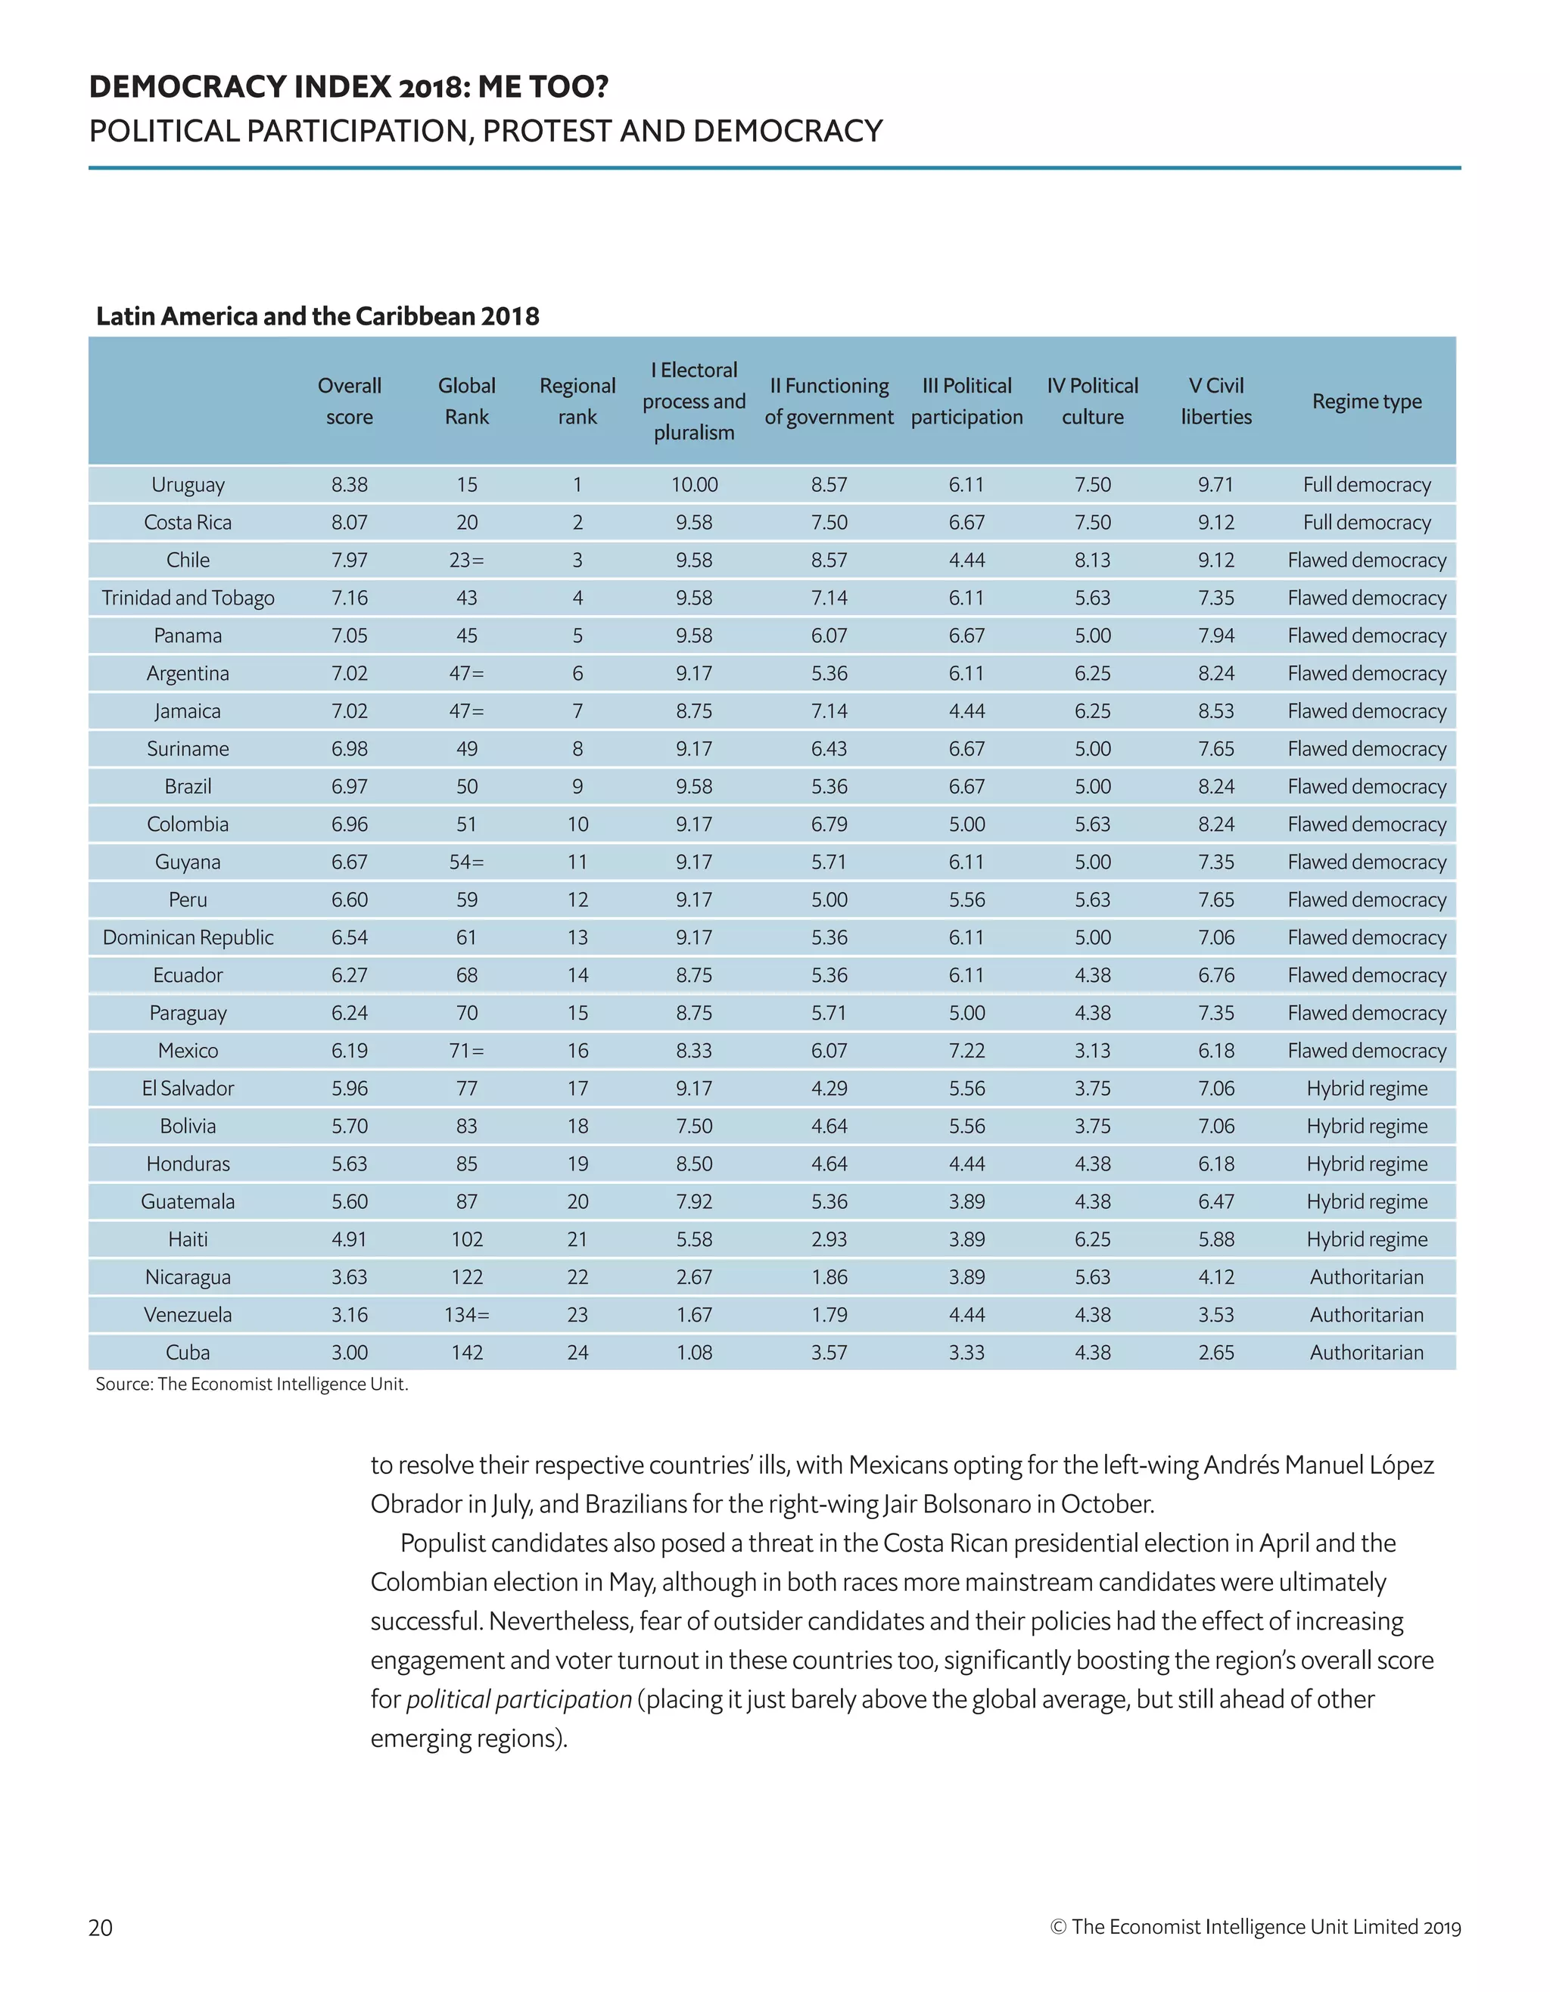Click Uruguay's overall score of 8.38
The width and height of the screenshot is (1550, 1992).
[350, 484]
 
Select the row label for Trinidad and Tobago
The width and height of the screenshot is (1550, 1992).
[188, 598]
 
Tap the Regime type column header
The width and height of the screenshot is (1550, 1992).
[1366, 401]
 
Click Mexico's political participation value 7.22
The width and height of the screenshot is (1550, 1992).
[966, 1050]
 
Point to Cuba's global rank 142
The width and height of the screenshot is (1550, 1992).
[466, 1352]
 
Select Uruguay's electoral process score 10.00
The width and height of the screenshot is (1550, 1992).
[694, 484]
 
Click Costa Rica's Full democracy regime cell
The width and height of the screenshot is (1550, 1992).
[1366, 523]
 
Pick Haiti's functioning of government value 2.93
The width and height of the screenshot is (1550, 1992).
[829, 1238]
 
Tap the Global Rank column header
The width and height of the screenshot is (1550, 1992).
[466, 401]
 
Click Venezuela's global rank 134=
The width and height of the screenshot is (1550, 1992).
[466, 1314]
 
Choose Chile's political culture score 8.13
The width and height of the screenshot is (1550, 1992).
[1092, 560]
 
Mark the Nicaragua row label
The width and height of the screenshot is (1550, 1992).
[188, 1277]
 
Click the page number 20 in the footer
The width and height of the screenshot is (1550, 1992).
[101, 1927]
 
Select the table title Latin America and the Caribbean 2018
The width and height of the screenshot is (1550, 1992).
[317, 316]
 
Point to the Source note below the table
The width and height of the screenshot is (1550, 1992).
[252, 1384]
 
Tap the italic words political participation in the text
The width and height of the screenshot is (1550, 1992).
[518, 1699]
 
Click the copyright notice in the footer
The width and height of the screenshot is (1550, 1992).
[1256, 1926]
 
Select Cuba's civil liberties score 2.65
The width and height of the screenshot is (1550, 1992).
[1216, 1352]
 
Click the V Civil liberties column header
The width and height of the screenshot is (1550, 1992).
[1216, 401]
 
